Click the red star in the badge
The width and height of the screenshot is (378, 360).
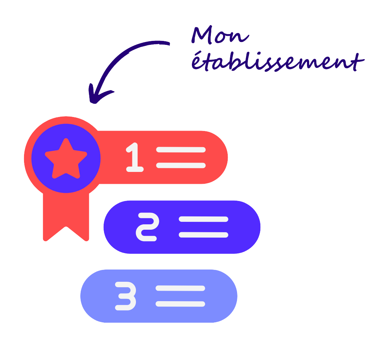pyautogui.click(x=66, y=159)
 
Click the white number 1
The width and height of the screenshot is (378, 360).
pyautogui.click(x=134, y=157)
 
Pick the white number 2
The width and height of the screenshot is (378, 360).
pyautogui.click(x=146, y=227)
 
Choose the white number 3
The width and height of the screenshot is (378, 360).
pyautogui.click(x=126, y=296)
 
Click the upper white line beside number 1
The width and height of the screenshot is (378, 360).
pyautogui.click(x=181, y=150)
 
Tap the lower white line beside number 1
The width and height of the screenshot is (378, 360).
pyautogui.click(x=181, y=165)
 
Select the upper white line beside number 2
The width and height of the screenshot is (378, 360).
pyautogui.click(x=203, y=219)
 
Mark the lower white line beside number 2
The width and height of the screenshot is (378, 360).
pyautogui.click(x=203, y=235)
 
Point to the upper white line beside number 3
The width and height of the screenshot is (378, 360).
pyautogui.click(x=180, y=288)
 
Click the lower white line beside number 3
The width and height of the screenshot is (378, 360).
pyautogui.click(x=180, y=304)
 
